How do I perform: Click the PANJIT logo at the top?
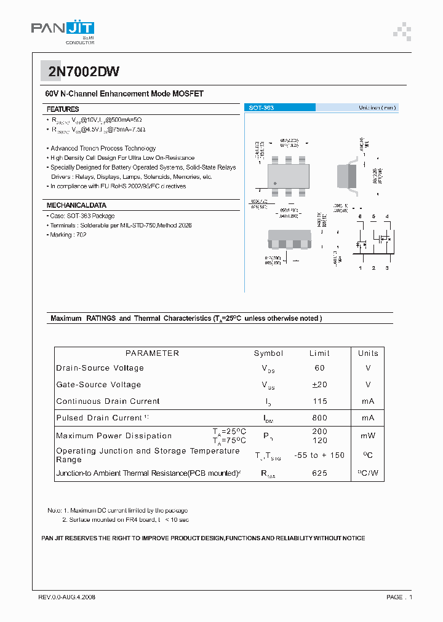(62, 30)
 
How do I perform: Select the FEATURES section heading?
(63, 109)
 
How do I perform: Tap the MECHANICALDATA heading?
(76, 205)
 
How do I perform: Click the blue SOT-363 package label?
(261, 108)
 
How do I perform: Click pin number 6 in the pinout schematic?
(361, 216)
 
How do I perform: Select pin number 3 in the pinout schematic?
(387, 268)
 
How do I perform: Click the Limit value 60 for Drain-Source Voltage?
(319, 368)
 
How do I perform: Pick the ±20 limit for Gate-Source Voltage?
(319, 385)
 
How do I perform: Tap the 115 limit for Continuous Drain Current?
(319, 401)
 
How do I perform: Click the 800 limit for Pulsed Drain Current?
(319, 418)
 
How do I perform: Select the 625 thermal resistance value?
(319, 473)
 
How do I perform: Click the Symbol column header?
(268, 353)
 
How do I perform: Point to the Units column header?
(368, 353)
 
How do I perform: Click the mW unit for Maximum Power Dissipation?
(368, 436)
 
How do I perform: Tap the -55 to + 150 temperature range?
(319, 455)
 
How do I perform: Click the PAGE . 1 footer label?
(399, 597)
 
